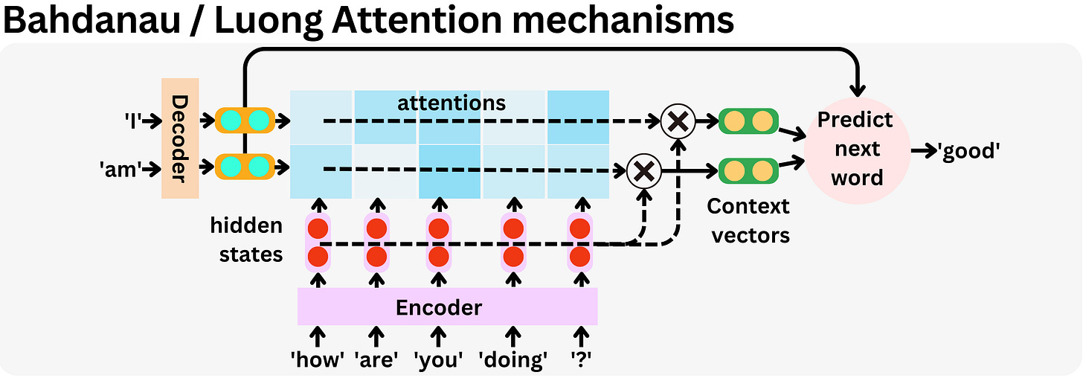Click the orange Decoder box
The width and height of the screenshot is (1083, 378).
179,138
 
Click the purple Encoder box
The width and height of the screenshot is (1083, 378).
447,307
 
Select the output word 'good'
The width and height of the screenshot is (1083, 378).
968,151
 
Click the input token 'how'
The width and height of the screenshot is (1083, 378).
318,360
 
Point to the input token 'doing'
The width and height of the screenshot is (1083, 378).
513,360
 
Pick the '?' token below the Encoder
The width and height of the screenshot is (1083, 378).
580,360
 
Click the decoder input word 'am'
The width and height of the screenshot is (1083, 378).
120,169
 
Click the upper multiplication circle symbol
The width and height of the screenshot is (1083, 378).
678,120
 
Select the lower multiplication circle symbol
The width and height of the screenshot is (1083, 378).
643,171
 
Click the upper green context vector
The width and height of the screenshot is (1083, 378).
748,121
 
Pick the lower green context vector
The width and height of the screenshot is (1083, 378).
748,171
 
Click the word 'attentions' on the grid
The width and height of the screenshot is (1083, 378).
451,103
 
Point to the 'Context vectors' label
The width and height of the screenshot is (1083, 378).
748,220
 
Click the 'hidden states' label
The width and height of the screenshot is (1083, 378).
246,240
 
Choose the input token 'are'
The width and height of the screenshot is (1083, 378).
377,360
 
